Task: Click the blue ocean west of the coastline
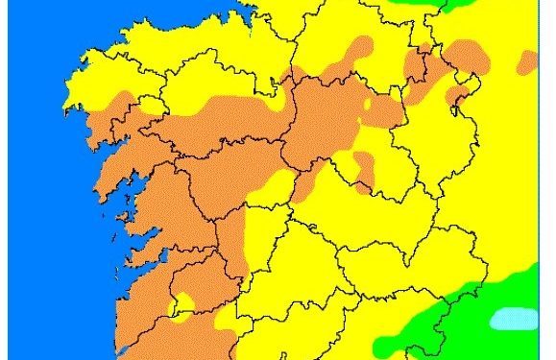coord(34,192)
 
